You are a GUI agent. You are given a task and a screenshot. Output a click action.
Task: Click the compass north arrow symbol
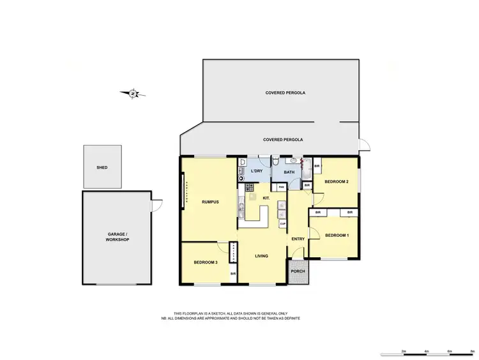tap(133, 94)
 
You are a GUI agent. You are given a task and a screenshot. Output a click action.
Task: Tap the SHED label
tap(102, 167)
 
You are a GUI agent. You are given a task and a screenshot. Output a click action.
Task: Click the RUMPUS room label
tap(211, 202)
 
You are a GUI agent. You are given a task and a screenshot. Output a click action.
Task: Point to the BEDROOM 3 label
tap(206, 263)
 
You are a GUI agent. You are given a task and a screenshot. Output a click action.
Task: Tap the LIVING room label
tap(261, 256)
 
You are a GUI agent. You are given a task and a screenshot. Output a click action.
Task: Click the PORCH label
tap(298, 271)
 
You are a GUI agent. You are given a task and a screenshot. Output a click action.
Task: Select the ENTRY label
tap(298, 239)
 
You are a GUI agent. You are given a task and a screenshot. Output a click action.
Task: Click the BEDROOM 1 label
tap(337, 236)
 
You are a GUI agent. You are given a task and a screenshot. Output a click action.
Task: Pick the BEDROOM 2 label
tap(336, 182)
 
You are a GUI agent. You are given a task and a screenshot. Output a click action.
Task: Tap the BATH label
tap(289, 172)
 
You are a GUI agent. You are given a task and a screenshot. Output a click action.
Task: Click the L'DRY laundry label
tap(257, 172)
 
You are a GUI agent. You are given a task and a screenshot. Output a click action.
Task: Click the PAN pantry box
tap(280, 187)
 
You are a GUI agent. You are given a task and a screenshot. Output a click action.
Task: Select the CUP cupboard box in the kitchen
tap(282, 223)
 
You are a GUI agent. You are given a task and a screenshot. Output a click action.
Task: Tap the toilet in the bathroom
tap(274, 164)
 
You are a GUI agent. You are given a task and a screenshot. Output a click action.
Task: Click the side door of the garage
tap(153, 206)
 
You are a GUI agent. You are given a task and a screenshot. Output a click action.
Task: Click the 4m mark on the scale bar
tap(426, 351)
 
